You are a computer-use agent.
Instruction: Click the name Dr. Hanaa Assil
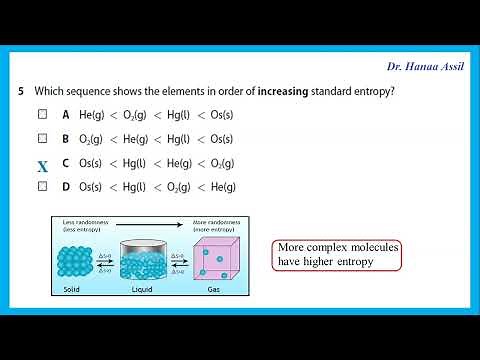coord(427,66)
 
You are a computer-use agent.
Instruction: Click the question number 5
coord(21,91)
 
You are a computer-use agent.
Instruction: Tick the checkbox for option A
coord(42,114)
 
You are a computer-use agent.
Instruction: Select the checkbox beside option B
coord(42,138)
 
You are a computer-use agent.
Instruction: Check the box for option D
coord(42,186)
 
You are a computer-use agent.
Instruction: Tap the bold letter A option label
coord(65,114)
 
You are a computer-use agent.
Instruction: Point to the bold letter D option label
coord(65,186)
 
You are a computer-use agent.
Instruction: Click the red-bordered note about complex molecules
coord(336,255)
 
